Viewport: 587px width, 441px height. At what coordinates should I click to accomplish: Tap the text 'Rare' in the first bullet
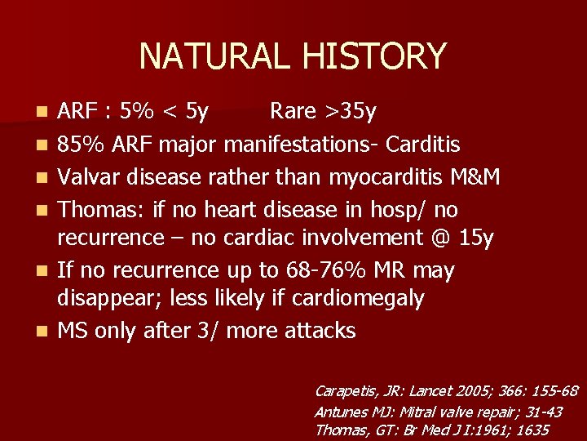(296, 110)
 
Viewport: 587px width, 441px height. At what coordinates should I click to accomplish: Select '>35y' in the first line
(358, 110)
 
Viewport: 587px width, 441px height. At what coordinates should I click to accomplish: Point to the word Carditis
(423, 145)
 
